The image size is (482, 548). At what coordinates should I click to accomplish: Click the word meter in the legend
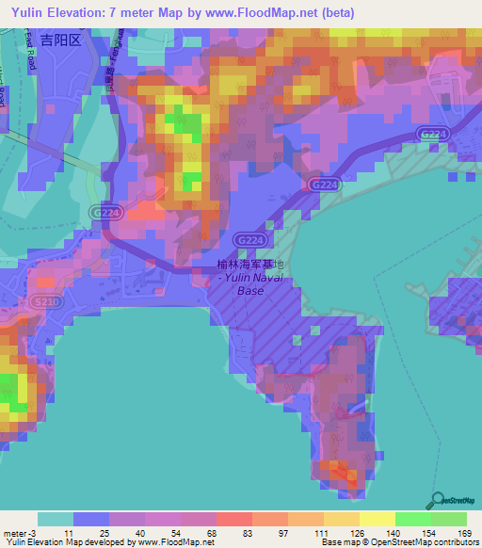(14, 533)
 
